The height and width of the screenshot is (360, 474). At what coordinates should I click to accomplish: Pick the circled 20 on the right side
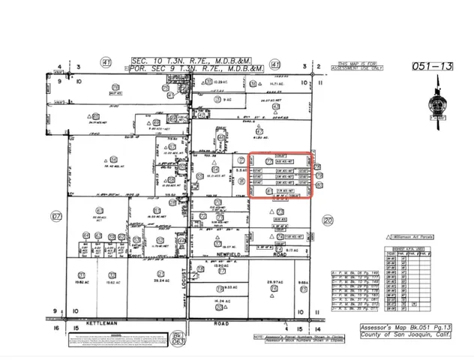pos(326,220)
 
